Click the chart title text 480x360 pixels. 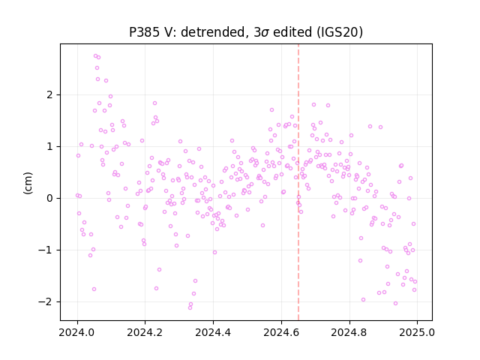coord(246,32)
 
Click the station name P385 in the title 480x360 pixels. coord(144,32)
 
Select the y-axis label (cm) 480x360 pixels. coord(28,183)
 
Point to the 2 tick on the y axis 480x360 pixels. coord(49,95)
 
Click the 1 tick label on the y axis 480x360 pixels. coord(49,147)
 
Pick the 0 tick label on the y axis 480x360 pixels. coord(49,198)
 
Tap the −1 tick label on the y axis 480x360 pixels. coord(46,250)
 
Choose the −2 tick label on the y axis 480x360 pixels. coord(46,301)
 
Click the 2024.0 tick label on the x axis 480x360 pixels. coord(76,332)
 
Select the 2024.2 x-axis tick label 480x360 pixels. coord(145,332)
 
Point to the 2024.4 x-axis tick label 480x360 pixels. coord(213,332)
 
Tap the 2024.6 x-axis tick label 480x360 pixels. coord(281,332)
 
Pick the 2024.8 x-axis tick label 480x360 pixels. coord(349,332)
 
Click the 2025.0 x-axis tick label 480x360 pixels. coord(417,332)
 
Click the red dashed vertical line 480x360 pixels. coord(298,182)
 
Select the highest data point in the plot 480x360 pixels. coord(95,56)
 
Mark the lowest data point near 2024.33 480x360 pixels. coord(190,307)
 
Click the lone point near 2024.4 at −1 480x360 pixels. coord(215,252)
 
